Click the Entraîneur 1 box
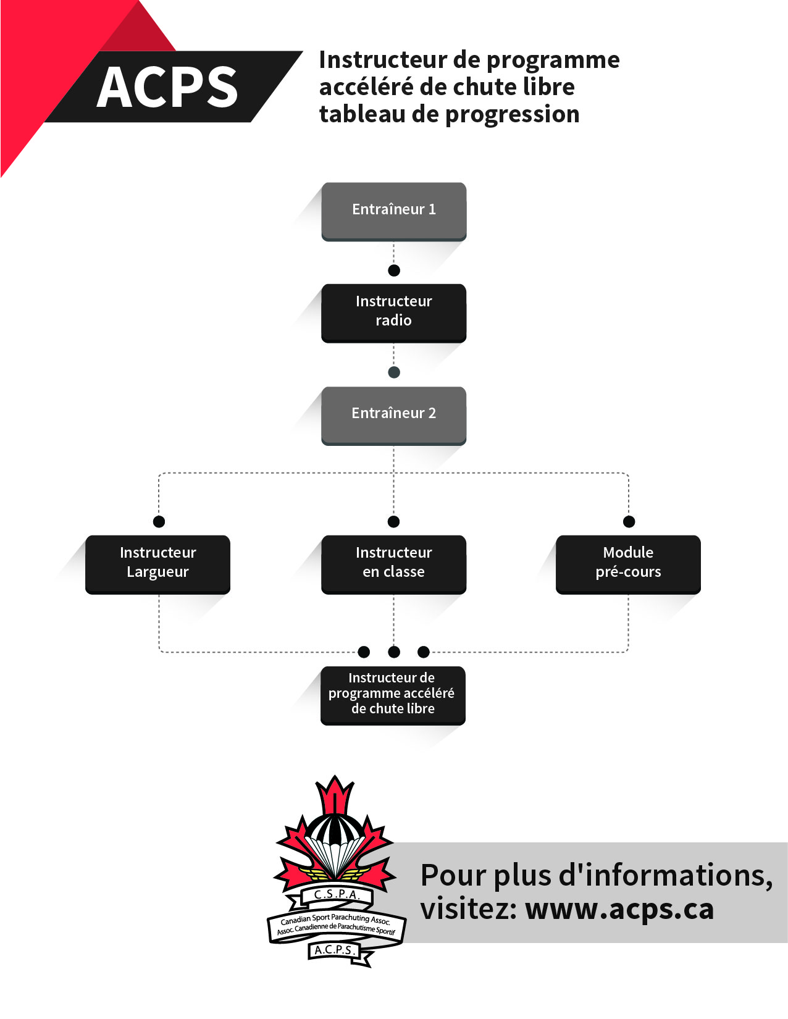tap(393, 210)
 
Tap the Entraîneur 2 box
tap(393, 414)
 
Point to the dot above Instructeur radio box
tap(394, 270)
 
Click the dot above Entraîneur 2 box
tap(394, 372)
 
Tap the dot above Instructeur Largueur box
tap(159, 522)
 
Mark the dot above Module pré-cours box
tap(629, 522)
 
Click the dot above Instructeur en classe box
tap(393, 522)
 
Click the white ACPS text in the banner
tap(167, 87)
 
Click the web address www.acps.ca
tap(619, 909)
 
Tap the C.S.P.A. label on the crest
tap(337, 894)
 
